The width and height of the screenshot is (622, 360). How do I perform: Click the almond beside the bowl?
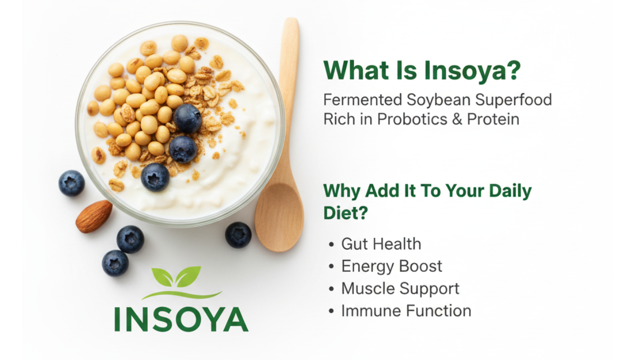click(x=94, y=216)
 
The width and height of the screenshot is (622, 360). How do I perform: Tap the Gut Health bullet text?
click(x=381, y=244)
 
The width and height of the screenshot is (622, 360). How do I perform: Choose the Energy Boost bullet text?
click(x=392, y=266)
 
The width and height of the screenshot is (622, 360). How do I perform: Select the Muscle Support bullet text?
click(x=400, y=289)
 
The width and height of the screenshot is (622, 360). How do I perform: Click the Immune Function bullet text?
click(x=406, y=311)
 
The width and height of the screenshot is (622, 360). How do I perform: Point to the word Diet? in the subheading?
click(x=346, y=213)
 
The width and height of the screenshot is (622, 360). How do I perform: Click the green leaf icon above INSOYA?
click(x=177, y=277)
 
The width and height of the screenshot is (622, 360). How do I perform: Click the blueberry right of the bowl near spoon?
click(x=238, y=235)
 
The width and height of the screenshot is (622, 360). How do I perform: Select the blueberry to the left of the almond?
click(x=71, y=183)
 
